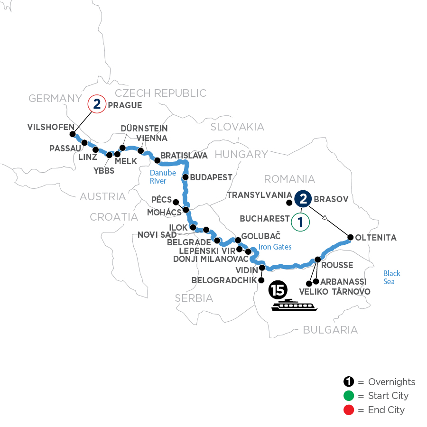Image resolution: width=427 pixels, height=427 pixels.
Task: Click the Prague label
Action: [125, 105]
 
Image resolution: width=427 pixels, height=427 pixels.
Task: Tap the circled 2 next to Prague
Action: [97, 104]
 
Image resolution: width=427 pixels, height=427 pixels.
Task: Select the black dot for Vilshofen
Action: [73, 134]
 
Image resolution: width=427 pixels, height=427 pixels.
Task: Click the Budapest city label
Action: [211, 177]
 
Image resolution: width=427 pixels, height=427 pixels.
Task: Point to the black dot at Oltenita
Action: [351, 237]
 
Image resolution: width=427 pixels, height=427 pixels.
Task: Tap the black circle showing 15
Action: [277, 288]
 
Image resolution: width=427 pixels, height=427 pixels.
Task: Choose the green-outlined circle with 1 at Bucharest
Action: [300, 221]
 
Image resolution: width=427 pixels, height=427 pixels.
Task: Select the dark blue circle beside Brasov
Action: [303, 199]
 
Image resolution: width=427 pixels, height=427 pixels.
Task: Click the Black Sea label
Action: [392, 278]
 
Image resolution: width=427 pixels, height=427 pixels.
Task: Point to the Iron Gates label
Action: [275, 247]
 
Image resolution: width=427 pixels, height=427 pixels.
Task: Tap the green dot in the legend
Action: [349, 396]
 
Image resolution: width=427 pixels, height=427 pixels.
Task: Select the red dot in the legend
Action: [349, 409]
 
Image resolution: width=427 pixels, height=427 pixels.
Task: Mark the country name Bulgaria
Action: [330, 329]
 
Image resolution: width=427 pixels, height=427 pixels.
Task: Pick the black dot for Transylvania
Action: [288, 203]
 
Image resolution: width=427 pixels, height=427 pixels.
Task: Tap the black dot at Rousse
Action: [317, 260]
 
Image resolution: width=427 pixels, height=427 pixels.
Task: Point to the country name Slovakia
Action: [237, 127]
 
